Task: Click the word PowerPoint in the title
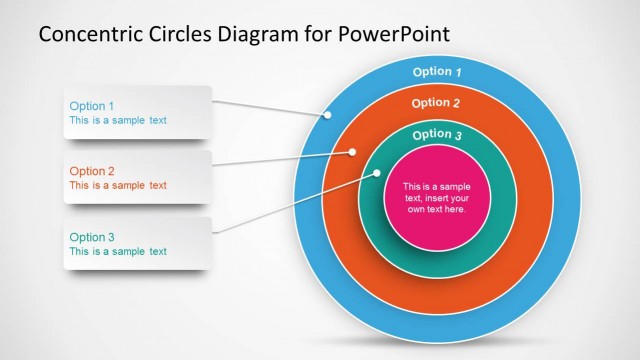[x=394, y=35]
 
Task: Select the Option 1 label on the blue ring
[x=438, y=72]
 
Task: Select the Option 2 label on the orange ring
[x=436, y=103]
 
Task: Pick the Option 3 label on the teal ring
[x=437, y=135]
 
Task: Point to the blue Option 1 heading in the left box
[x=91, y=105]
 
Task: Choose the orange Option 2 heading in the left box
[x=91, y=171]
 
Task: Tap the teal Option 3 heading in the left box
[x=91, y=237]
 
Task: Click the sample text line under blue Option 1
[x=117, y=120]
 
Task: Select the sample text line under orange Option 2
[x=117, y=185]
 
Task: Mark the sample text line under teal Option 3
[x=117, y=251]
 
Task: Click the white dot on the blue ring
[x=327, y=115]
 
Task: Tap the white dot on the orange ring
[x=353, y=152]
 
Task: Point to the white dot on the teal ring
[x=378, y=173]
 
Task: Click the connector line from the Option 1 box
[x=270, y=106]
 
